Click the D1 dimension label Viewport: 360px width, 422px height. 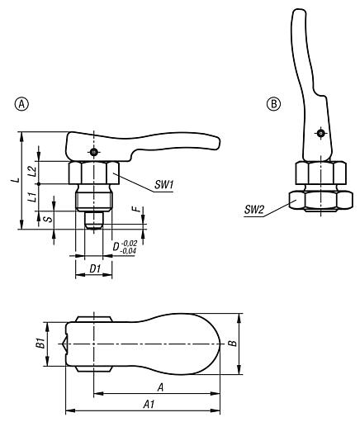click(x=95, y=269)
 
